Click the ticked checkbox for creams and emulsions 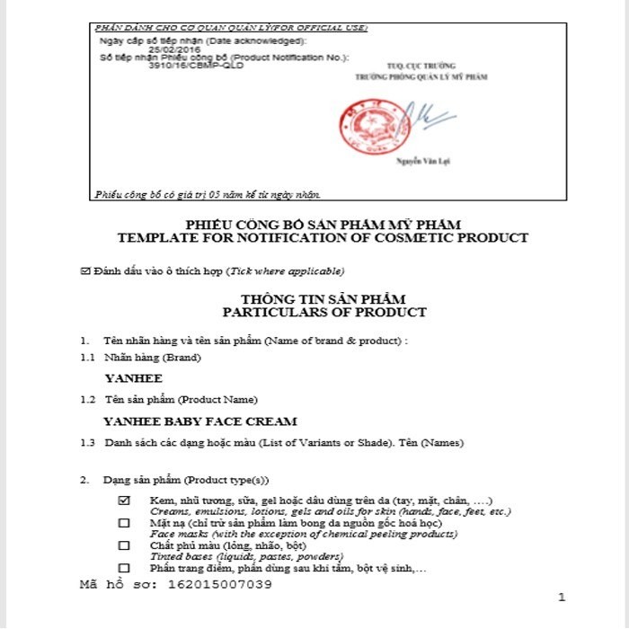[x=124, y=500]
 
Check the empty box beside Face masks [x=124, y=523]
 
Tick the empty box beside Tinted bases [x=124, y=545]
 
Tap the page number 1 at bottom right [x=562, y=598]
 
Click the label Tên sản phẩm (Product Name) [x=181, y=399]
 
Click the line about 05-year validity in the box [x=208, y=194]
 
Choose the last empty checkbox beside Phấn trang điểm [x=124, y=568]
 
